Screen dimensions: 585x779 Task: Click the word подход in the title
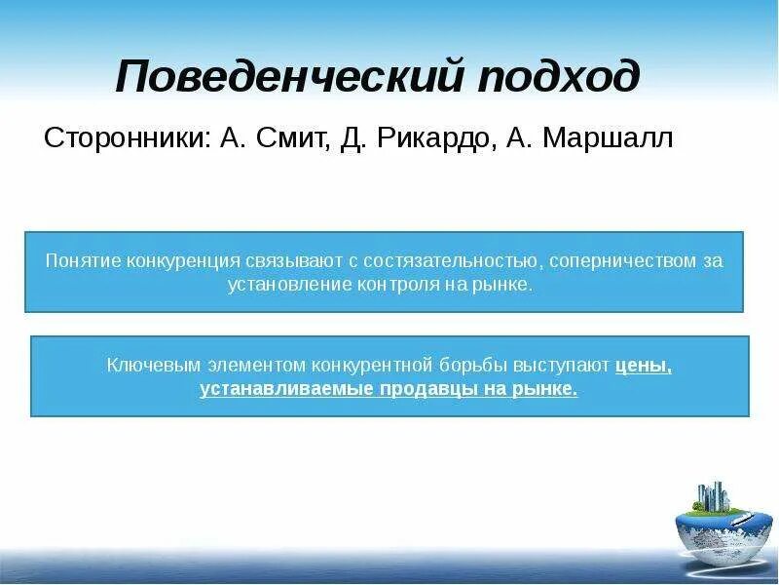[559, 77]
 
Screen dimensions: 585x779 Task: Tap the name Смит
[296, 138]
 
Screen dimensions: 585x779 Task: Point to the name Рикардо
[437, 138]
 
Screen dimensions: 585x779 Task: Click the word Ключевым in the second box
[147, 366]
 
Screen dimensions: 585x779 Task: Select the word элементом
[250, 366]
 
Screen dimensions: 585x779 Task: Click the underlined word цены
[644, 366]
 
